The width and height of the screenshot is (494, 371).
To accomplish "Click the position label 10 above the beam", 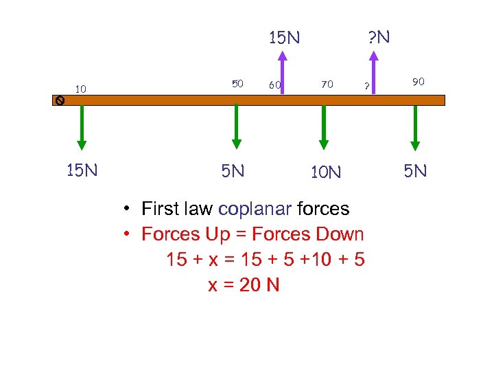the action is pos(81,89).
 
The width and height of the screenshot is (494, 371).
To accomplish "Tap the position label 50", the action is pos(237,84).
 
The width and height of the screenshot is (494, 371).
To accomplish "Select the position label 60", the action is pos(275,85).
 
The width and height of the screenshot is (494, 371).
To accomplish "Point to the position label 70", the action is pos(327,85).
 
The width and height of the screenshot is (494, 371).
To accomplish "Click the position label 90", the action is pos(419,82).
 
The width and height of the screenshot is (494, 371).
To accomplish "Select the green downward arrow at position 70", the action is pos(325,127).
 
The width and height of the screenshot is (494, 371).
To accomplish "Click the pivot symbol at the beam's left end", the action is pos(60,100).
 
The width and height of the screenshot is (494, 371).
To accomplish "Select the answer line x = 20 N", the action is pos(244,285).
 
